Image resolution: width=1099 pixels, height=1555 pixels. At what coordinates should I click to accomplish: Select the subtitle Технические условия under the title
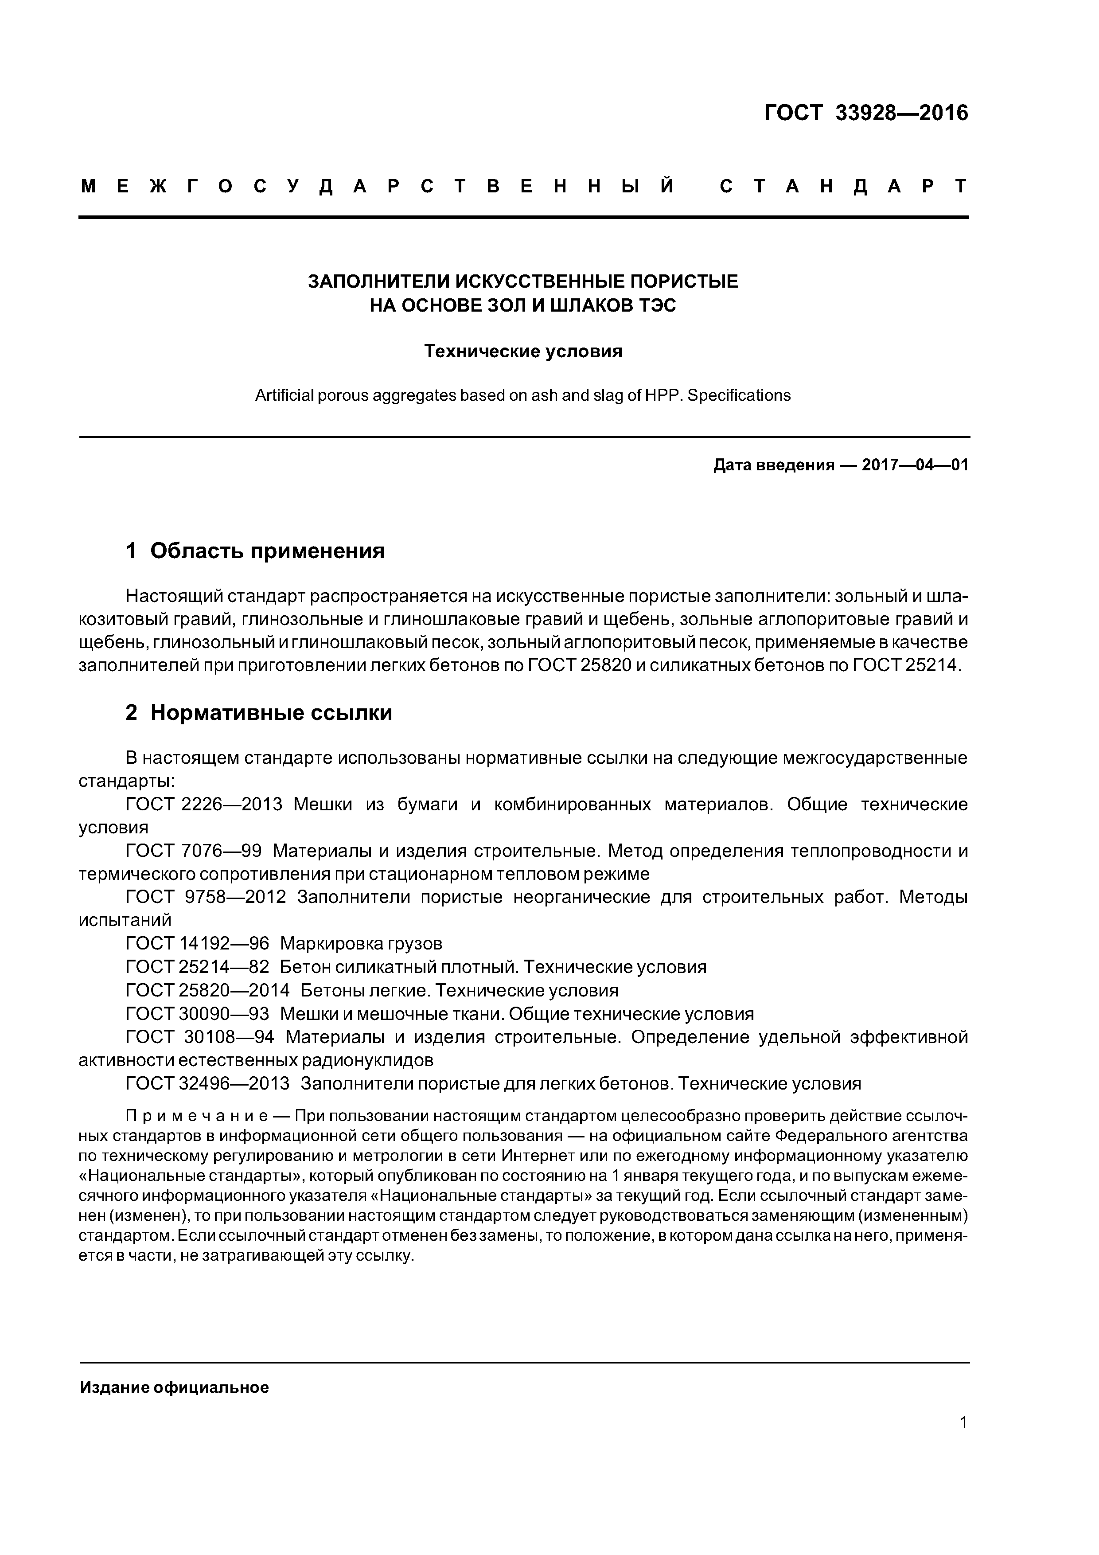(523, 352)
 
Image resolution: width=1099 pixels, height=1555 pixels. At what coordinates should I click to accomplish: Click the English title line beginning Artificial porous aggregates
(523, 395)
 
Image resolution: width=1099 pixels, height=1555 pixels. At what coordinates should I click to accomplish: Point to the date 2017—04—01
(915, 465)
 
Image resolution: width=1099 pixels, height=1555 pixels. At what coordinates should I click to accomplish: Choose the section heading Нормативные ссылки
(271, 712)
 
